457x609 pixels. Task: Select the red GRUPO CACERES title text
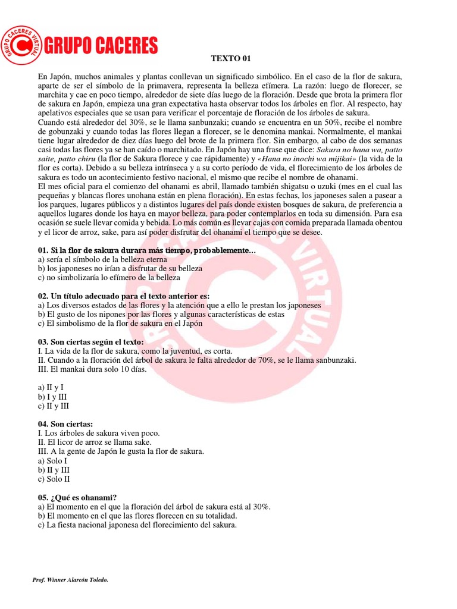coord(102,45)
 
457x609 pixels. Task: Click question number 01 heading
coord(146,251)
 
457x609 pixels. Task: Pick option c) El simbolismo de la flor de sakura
coord(120,324)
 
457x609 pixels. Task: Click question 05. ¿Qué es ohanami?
coord(77,497)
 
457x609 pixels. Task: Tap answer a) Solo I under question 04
coord(52,461)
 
